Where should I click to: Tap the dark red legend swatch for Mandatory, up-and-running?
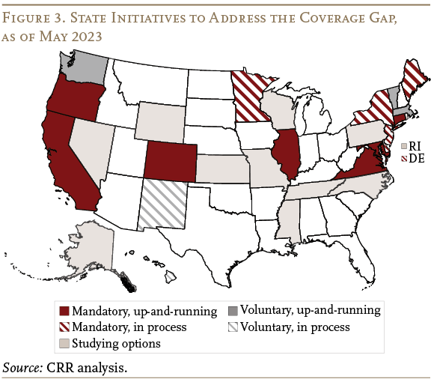coord(64,309)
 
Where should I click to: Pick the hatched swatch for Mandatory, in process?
coord(64,327)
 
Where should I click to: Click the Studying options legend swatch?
coord(64,343)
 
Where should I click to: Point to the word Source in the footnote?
coord(23,367)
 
